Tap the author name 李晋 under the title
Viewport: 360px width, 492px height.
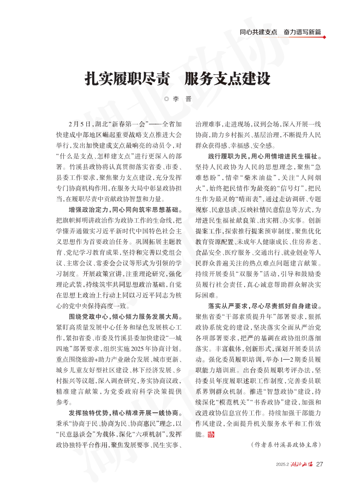[x=182, y=99]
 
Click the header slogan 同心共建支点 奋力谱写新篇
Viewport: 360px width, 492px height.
[x=280, y=32]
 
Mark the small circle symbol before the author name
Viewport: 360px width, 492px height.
[x=167, y=99]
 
